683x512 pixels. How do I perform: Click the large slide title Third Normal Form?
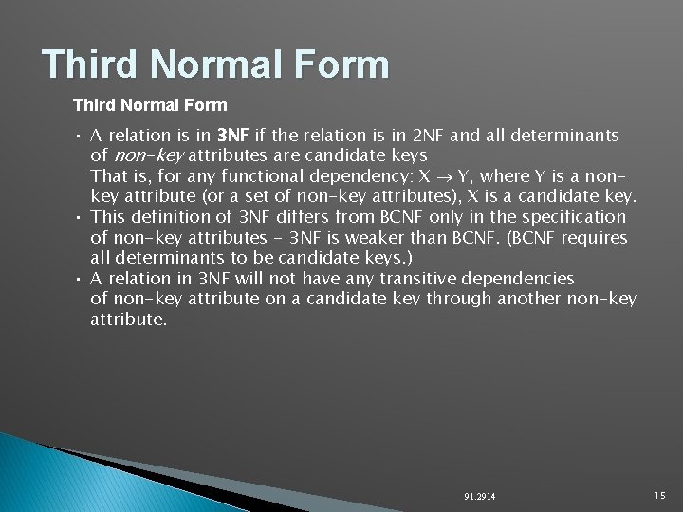[x=215, y=64]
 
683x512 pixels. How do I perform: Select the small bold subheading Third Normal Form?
[x=150, y=104]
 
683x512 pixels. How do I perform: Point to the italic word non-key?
[x=147, y=155]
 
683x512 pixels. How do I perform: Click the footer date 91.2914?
[x=480, y=497]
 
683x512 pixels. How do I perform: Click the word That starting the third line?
[x=108, y=176]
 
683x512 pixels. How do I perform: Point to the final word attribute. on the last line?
[x=128, y=320]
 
